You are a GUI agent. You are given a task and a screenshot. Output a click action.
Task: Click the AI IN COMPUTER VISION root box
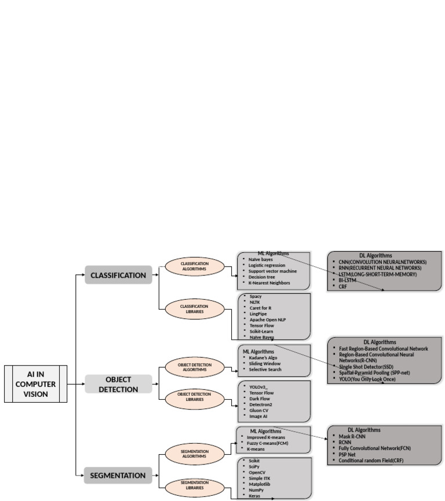[x=35, y=384]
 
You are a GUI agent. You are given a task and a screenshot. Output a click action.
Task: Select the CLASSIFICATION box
[x=118, y=275]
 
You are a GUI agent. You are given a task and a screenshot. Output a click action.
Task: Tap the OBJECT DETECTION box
[x=118, y=384]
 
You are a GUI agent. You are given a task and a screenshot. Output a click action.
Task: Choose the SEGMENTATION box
[x=118, y=476]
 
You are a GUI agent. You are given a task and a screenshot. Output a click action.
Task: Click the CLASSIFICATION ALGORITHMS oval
[x=194, y=266]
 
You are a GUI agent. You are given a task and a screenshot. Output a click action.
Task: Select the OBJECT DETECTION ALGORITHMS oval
[x=194, y=368]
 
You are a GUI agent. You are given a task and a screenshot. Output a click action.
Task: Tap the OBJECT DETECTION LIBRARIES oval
[x=194, y=397]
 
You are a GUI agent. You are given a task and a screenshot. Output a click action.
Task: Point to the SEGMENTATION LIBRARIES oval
[x=194, y=485]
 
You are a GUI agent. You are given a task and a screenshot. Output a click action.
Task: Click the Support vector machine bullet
[x=272, y=271]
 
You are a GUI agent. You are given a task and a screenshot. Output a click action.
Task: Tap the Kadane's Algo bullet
[x=264, y=358]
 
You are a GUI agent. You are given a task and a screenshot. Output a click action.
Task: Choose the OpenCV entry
[x=258, y=472]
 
